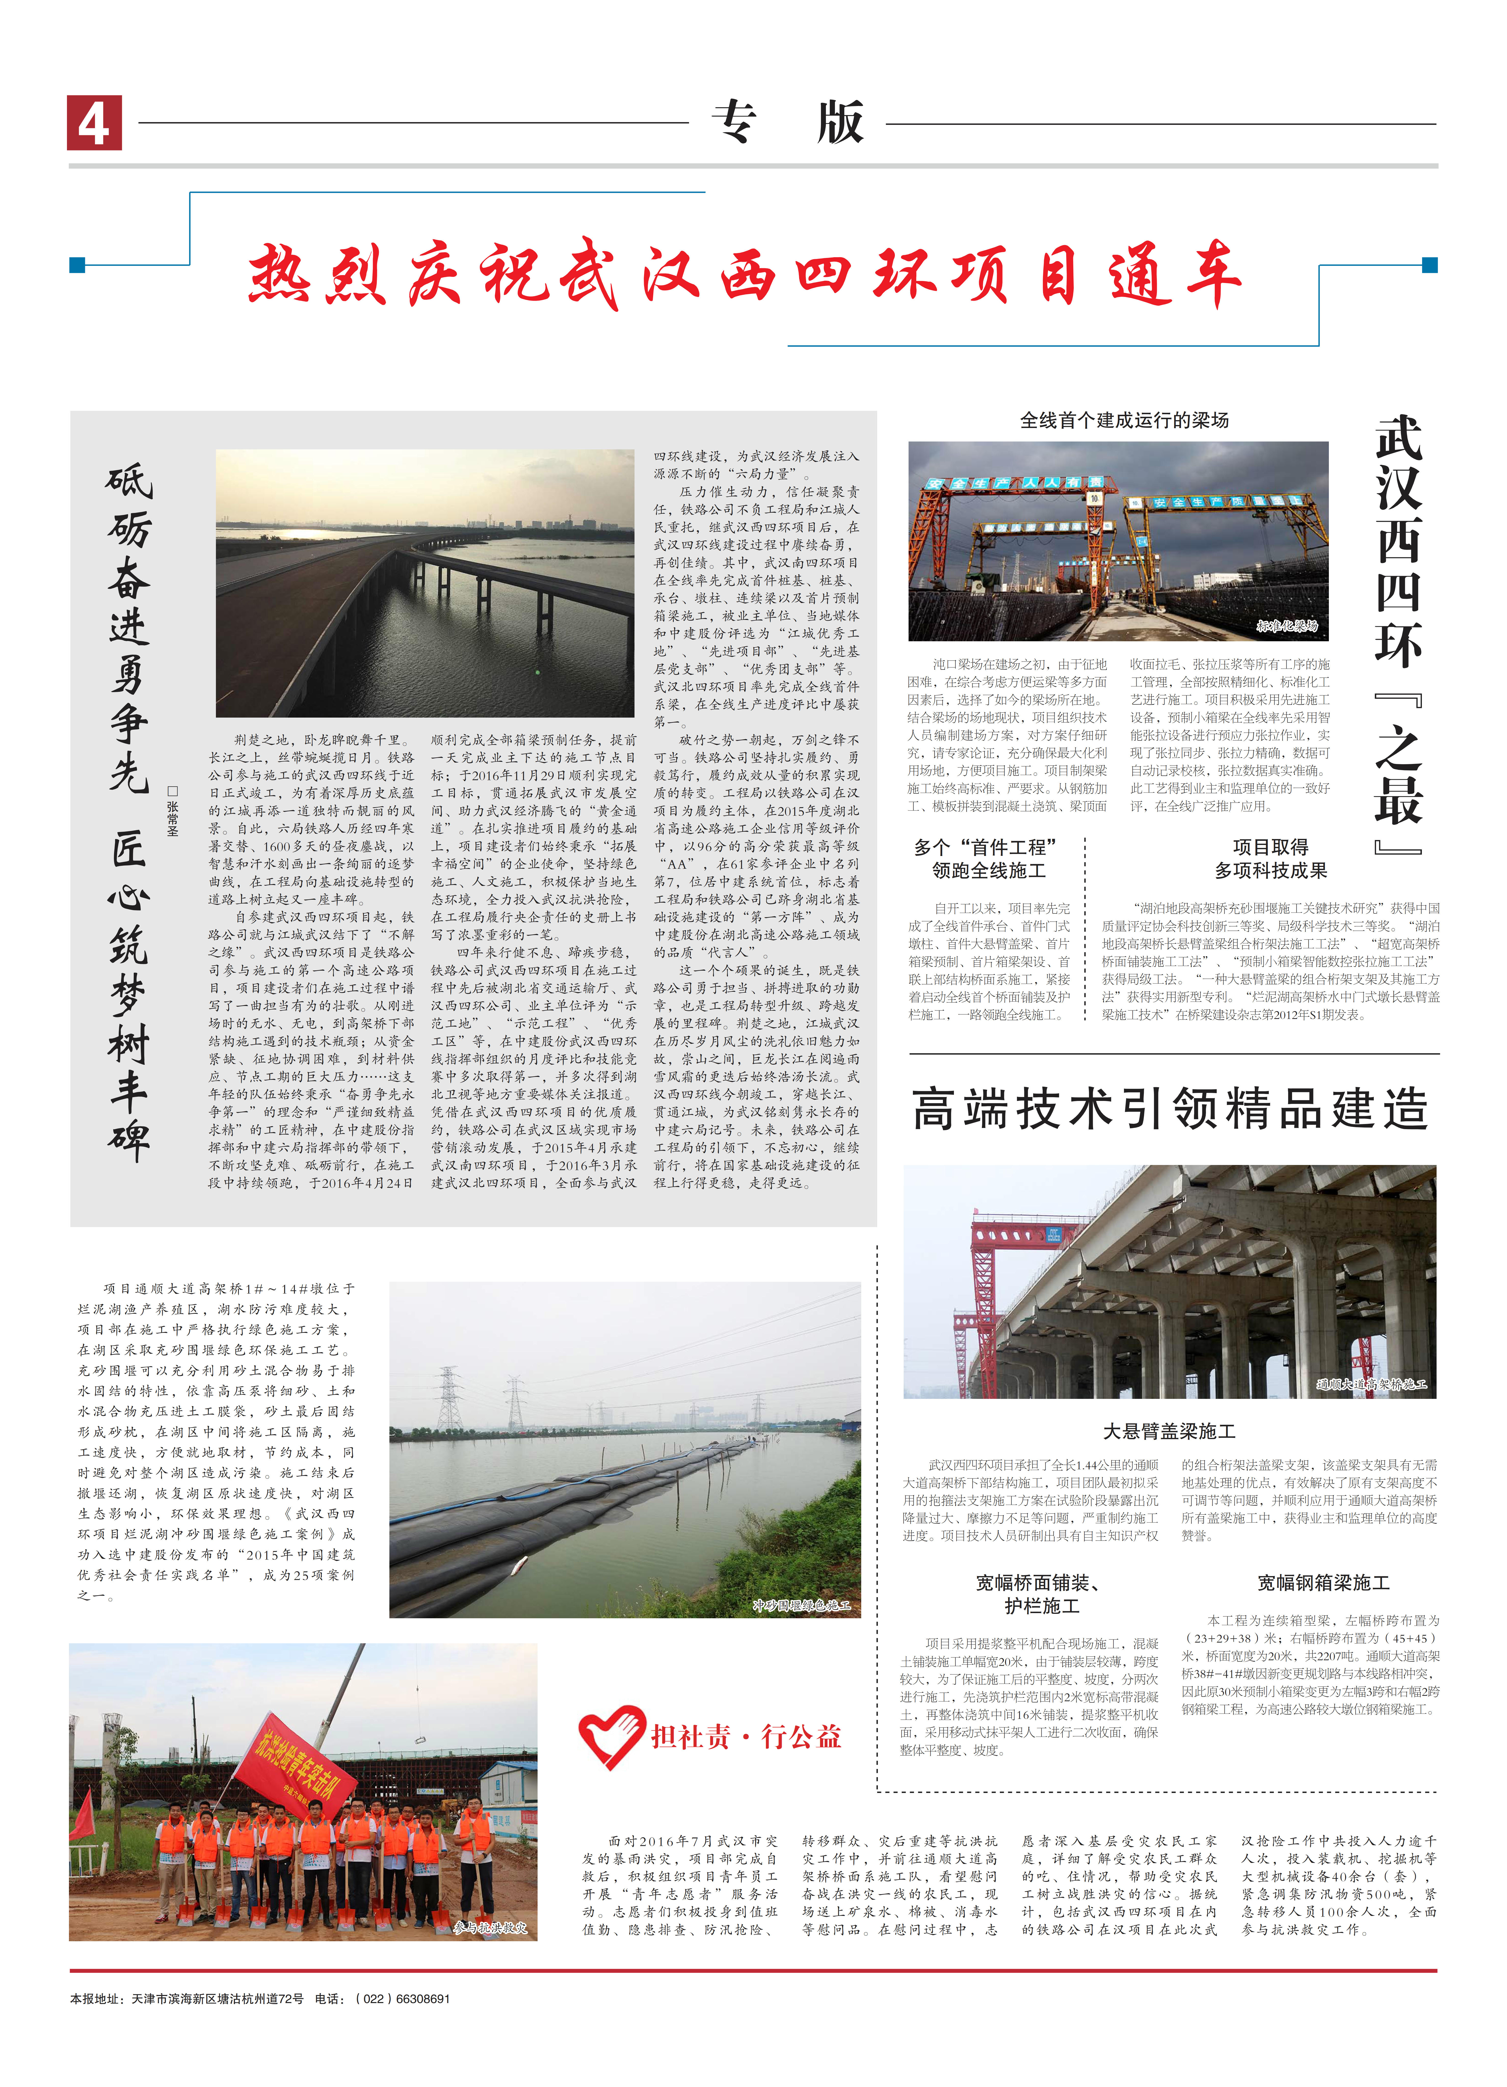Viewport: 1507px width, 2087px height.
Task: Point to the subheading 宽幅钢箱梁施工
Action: pyautogui.click(x=1323, y=1583)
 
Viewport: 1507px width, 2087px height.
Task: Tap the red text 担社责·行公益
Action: pyautogui.click(x=746, y=1736)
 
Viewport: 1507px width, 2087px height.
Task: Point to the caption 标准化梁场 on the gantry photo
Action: pyautogui.click(x=1286, y=626)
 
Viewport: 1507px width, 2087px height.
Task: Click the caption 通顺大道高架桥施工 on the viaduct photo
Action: pyautogui.click(x=1371, y=1383)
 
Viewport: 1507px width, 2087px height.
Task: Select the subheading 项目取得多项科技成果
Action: pyautogui.click(x=1270, y=858)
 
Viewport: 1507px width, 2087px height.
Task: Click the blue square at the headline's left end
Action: pyautogui.click(x=77, y=265)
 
